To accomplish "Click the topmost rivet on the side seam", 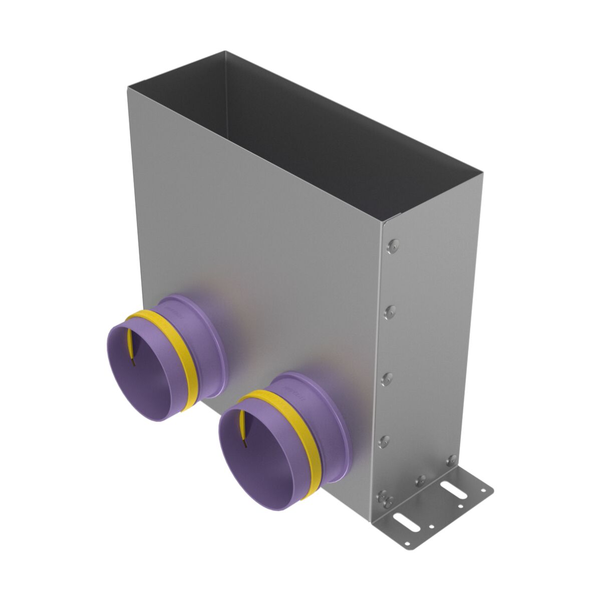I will pos(393,245).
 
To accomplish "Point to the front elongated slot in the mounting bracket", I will pos(406,522).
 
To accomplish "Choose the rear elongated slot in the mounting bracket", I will pos(454,491).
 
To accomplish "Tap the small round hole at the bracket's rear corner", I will pos(483,490).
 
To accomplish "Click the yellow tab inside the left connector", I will pos(131,346).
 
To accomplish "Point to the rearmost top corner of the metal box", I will pos(225,51).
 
